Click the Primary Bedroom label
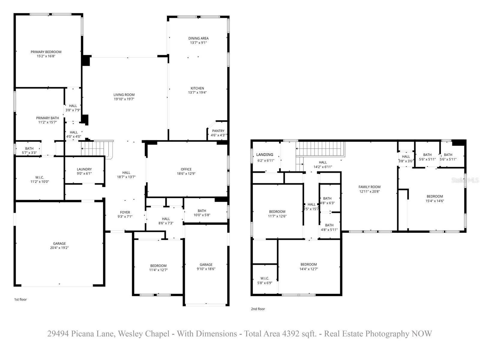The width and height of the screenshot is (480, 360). tap(46, 52)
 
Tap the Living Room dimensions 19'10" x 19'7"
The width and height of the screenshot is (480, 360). tap(124, 99)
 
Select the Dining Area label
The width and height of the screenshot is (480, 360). tap(198, 38)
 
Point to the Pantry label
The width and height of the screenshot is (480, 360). tap(218, 131)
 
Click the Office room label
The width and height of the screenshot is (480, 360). tap(186, 169)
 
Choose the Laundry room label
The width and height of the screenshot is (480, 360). tap(84, 169)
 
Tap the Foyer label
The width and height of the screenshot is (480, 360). tap(125, 212)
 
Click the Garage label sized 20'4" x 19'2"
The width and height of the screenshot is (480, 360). tap(59, 244)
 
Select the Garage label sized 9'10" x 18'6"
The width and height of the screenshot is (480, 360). tap(206, 265)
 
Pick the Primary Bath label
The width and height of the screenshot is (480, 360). tap(47, 118)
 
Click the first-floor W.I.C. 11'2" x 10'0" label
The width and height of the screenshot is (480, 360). tap(40, 178)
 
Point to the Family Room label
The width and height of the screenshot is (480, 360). tap(369, 187)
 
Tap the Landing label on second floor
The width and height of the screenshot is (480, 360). tap(265, 155)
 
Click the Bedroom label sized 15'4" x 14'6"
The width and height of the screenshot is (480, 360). tap(434, 196)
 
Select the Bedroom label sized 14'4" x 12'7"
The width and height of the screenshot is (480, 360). tap(308, 265)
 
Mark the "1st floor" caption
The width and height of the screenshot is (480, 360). tap(20, 299)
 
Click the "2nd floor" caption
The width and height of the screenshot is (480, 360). tap(258, 309)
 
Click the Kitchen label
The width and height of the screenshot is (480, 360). tap(197, 88)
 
